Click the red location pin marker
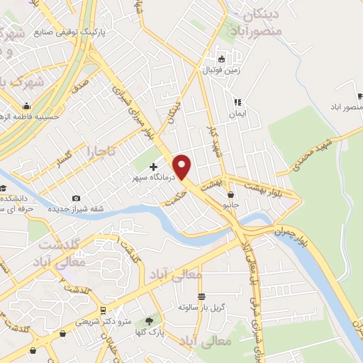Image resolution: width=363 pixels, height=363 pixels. point(183,166)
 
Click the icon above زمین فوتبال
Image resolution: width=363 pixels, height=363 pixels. point(222,59)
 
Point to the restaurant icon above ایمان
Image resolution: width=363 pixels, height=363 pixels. point(238,101)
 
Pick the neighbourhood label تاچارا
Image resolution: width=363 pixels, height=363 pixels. point(101,151)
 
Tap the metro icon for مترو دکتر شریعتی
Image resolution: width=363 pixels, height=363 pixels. point(104,311)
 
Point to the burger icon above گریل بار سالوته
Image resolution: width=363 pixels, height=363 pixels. point(202,296)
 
